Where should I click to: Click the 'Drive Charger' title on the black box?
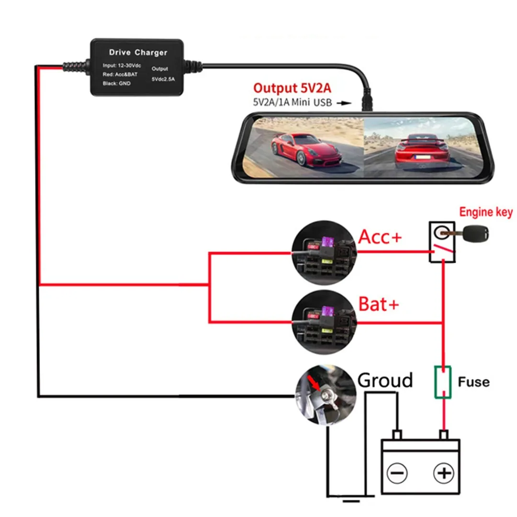point(138,52)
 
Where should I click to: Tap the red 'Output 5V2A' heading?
point(293,88)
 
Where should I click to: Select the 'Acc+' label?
point(380,236)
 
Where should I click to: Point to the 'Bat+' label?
point(378,304)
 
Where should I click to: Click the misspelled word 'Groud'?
point(385,381)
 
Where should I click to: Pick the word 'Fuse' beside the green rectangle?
point(473,382)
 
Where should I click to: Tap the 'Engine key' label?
point(485,212)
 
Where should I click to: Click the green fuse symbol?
point(443,382)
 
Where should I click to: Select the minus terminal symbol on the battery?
point(397,473)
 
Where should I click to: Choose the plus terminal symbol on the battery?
point(443,473)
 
